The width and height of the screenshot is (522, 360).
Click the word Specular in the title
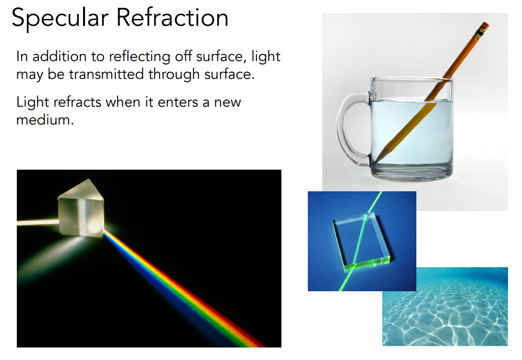tap(60, 19)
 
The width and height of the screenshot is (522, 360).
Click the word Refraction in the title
tap(172, 17)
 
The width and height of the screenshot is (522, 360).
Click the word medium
tap(45, 120)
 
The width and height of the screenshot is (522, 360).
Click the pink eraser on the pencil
tap(485, 25)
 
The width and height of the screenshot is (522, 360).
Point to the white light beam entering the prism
tap(37, 222)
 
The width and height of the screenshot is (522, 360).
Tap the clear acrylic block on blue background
tap(361, 241)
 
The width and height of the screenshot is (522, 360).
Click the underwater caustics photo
tap(445, 306)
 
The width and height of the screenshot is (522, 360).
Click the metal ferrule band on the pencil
tap(480, 34)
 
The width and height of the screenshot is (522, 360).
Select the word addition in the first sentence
tap(60, 57)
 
